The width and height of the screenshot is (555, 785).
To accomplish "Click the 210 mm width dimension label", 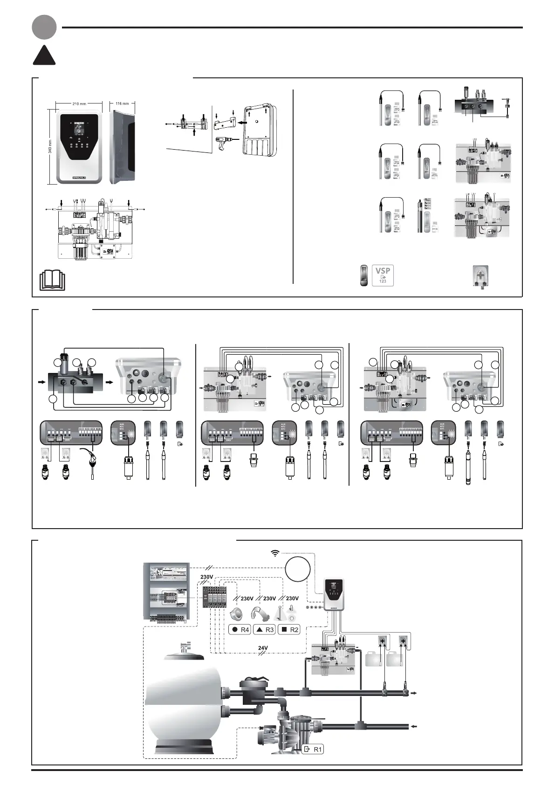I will [x=80, y=103].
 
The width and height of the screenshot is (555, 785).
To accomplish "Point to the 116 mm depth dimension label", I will [x=122, y=103].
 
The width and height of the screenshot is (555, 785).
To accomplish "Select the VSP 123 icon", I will [x=383, y=275].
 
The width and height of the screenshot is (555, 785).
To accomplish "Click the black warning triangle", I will [x=44, y=55].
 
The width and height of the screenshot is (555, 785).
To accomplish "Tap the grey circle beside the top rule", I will [x=44, y=27].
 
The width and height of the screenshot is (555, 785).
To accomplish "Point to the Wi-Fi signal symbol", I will [x=275, y=553].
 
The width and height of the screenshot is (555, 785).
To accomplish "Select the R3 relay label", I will [x=264, y=630].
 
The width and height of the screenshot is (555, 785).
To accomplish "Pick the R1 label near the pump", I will [x=313, y=750].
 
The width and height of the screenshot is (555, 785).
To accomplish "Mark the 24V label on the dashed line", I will [x=263, y=648].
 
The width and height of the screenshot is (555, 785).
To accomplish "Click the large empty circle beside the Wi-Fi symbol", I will [x=298, y=570].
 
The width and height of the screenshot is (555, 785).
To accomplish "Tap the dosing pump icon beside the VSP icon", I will [x=480, y=275].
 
